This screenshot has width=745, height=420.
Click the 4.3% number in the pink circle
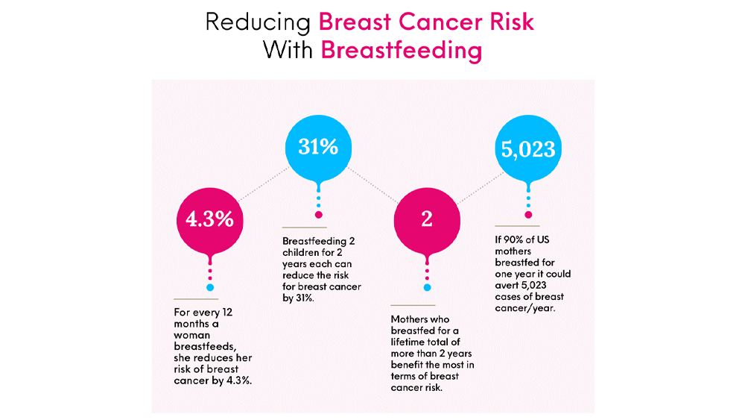click(209, 219)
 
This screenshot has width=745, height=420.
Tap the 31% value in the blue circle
click(318, 146)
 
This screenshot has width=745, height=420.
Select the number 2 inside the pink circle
click(427, 219)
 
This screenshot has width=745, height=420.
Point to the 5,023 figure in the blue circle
click(528, 149)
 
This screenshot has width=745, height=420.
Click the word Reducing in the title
click(258, 22)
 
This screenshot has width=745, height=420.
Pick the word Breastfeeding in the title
click(402, 50)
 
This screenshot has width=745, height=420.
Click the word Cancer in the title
click(434, 22)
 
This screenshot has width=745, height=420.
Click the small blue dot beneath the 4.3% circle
click(210, 287)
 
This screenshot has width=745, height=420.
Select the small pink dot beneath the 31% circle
click(318, 215)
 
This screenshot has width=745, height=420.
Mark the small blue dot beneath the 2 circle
click(427, 287)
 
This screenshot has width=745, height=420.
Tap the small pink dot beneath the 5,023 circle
click(528, 215)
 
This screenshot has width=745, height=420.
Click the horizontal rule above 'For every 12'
click(196, 299)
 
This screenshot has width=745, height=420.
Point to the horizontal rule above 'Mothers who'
click(413, 305)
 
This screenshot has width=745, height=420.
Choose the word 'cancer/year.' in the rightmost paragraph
click(524, 308)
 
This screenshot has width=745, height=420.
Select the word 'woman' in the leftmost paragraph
click(192, 335)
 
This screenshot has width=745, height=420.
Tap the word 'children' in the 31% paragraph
click(301, 253)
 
